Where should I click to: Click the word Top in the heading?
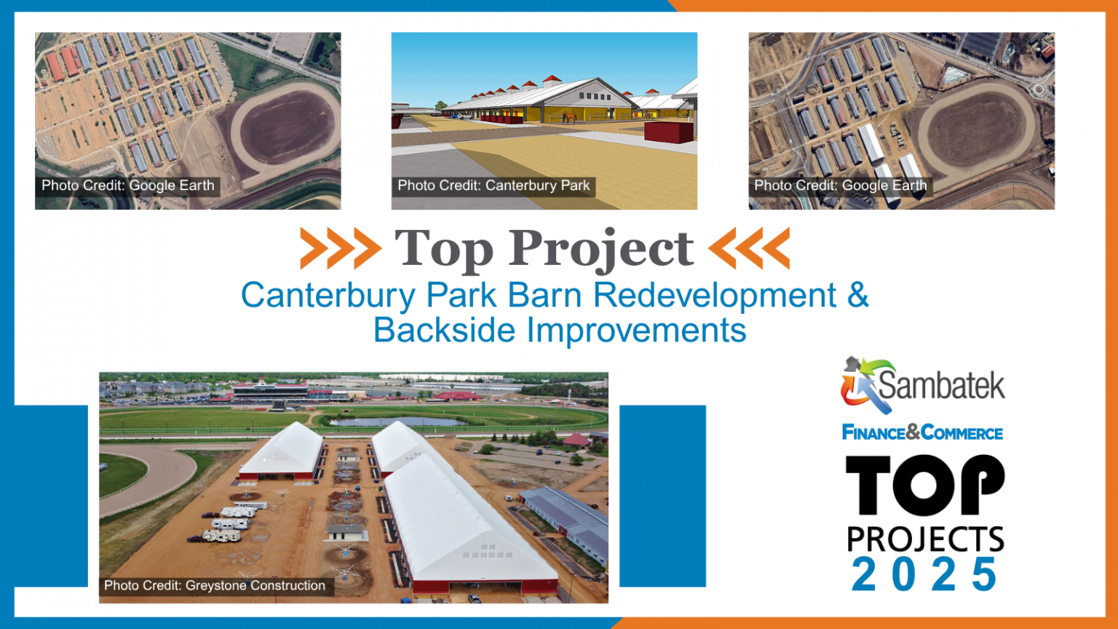coord(443,249)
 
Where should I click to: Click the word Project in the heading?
coord(600,249)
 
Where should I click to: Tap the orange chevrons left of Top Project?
coord(340,248)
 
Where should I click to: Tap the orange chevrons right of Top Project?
coord(749,248)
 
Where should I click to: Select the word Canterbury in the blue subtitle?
coord(330,296)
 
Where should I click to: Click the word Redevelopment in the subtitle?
coord(714,296)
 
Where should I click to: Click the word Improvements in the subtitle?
coord(637,331)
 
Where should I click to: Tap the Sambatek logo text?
coord(941,385)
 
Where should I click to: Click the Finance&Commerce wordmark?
coord(922,433)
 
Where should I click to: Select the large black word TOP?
coord(924,486)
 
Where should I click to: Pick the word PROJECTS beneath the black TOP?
coord(925,539)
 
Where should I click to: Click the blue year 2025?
coord(924,575)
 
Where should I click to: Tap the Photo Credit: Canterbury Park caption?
coord(493,186)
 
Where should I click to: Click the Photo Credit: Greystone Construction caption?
coord(215,585)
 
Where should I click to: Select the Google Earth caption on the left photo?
coord(128,186)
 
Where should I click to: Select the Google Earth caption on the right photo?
coord(841,186)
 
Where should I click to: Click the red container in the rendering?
coord(669,132)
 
